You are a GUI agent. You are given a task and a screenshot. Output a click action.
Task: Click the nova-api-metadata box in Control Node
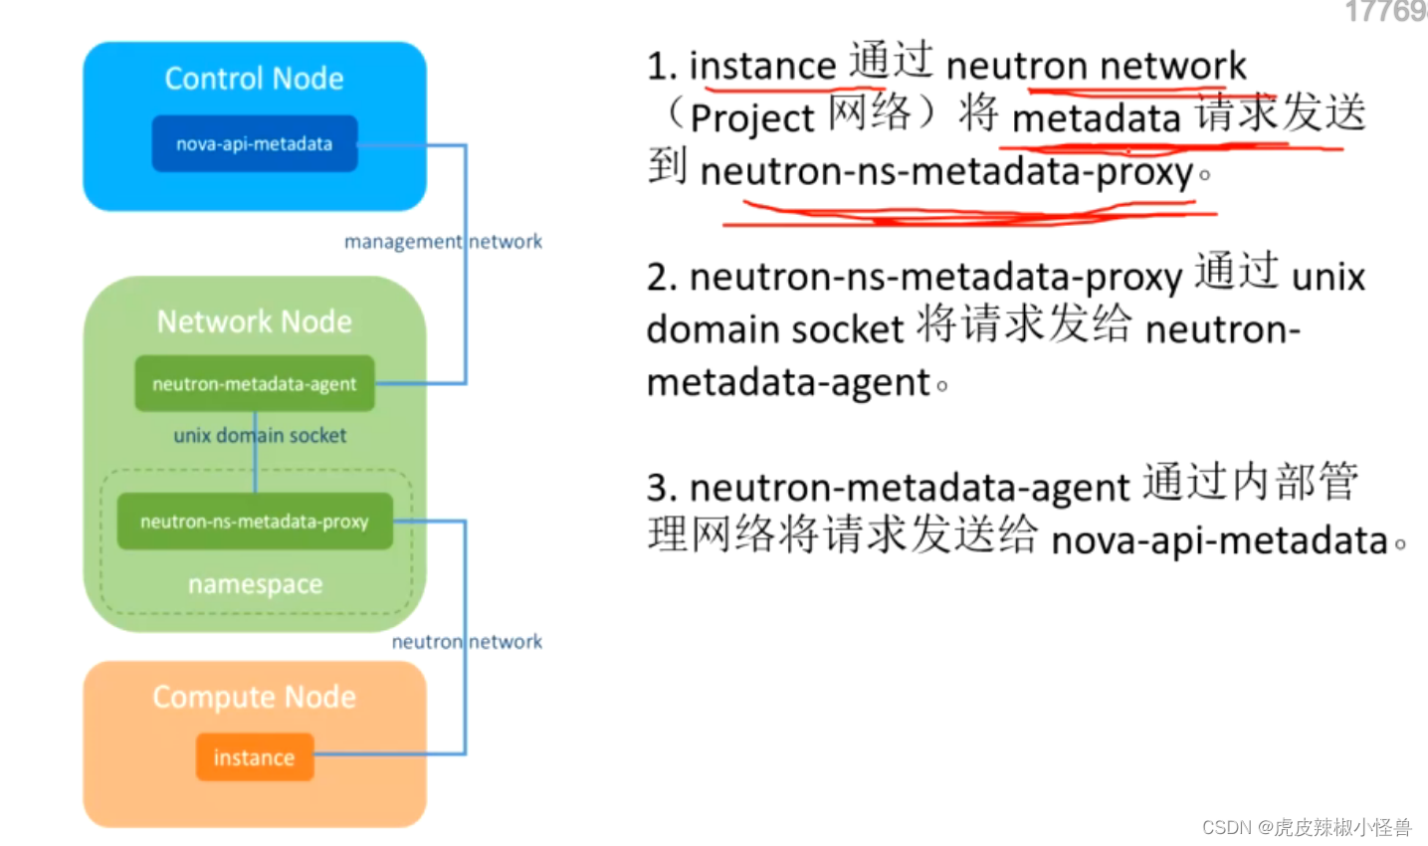point(254,144)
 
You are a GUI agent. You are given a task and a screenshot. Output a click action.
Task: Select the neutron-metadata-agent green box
point(254,384)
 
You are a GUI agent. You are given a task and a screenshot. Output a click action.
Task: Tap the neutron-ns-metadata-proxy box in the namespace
point(254,522)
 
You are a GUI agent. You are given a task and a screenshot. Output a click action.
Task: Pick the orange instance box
point(254,757)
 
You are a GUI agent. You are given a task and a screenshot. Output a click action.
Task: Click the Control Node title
point(254,79)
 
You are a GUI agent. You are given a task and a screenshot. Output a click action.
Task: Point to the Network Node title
point(254,321)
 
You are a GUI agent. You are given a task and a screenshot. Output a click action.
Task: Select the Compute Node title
point(254,697)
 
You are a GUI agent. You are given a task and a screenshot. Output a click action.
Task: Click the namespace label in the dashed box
point(255,584)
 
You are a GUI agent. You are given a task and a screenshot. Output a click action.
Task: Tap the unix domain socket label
point(260,436)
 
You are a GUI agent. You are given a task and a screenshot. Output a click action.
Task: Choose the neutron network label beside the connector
point(467,642)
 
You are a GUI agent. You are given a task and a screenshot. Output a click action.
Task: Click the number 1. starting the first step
point(662,67)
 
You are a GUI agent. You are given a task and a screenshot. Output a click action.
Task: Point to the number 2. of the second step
point(662,278)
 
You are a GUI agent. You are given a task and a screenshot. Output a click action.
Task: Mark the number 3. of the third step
point(662,489)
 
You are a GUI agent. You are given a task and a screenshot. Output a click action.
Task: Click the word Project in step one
point(752,118)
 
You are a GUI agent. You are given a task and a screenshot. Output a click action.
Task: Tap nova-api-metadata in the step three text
point(1219,541)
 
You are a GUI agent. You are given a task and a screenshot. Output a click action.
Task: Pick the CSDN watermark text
point(1306,827)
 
